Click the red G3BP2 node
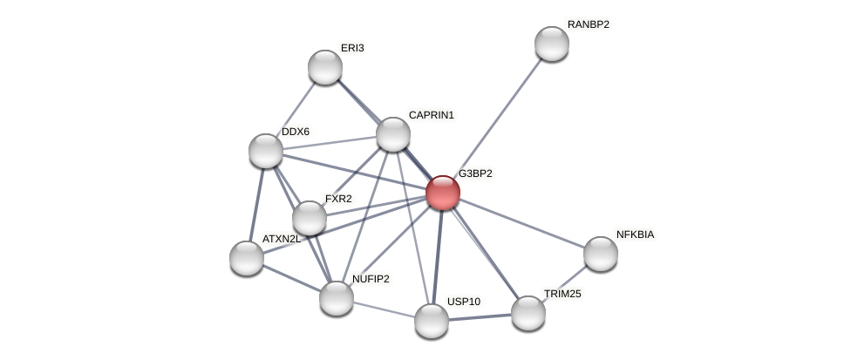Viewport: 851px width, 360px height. coord(442,193)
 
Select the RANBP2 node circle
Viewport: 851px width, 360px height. coord(551,44)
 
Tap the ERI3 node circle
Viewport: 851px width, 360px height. coord(325,67)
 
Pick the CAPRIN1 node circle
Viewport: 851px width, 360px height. coord(393,134)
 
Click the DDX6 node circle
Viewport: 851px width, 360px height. coord(266,151)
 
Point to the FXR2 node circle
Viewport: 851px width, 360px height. coord(310,218)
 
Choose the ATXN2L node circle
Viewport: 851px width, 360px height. coord(247,258)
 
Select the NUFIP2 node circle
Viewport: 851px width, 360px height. coord(337,298)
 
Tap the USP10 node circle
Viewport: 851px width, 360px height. coord(432,321)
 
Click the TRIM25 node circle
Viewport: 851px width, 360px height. coord(528,313)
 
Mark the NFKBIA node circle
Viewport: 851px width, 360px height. coord(601,254)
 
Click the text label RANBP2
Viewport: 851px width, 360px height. coord(588,24)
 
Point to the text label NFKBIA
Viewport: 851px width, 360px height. coord(635,234)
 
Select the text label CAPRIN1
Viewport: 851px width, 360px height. coord(431,115)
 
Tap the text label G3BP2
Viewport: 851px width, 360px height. coord(475,173)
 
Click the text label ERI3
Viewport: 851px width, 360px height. coord(352,48)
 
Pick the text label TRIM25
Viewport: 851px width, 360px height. coord(562,294)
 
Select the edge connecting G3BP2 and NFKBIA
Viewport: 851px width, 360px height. coord(523,224)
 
